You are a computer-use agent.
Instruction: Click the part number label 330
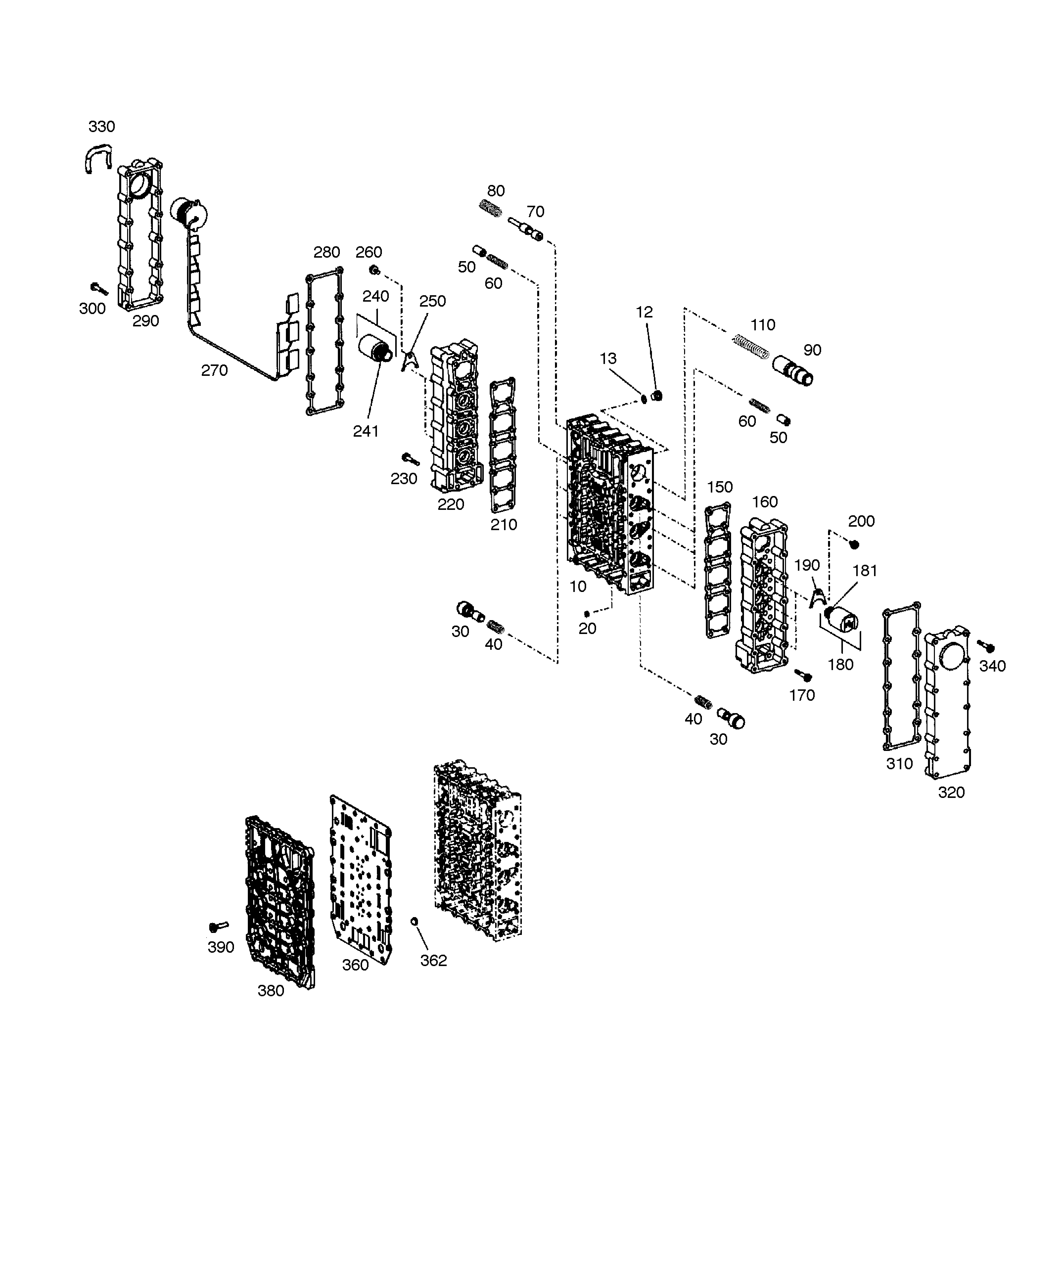pos(102,127)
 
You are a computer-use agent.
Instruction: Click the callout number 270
pos(214,370)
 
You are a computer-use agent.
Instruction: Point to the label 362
pos(434,961)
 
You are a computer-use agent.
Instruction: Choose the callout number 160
pos(765,502)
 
